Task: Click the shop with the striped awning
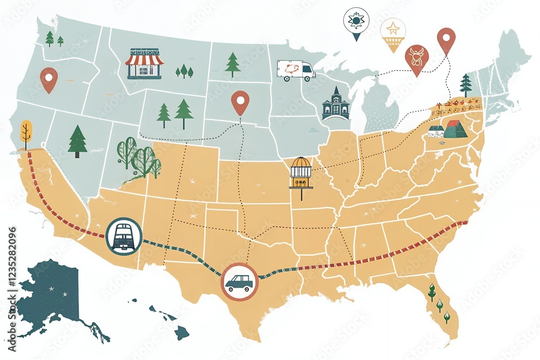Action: [144, 64]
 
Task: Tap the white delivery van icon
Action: [296, 70]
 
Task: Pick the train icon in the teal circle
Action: [124, 236]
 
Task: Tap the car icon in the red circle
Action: [239, 281]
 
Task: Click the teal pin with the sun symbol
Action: [355, 22]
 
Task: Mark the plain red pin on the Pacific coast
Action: [49, 79]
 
